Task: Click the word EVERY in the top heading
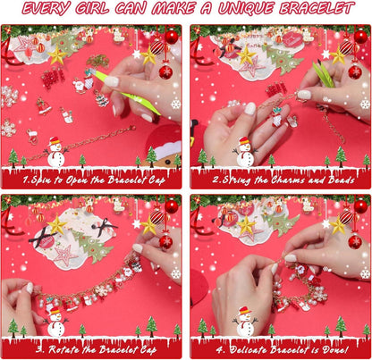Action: (x=46, y=9)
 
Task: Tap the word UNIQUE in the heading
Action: (x=246, y=9)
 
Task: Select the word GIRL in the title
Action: (x=91, y=9)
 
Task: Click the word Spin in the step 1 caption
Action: (x=41, y=180)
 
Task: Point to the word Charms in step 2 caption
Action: (x=288, y=180)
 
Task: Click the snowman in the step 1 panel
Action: (x=56, y=152)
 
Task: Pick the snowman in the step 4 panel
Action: (x=245, y=322)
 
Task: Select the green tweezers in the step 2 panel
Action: (x=323, y=74)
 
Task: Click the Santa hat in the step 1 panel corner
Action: (x=165, y=141)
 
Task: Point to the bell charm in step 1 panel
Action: (x=43, y=106)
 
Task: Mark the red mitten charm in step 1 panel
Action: (x=31, y=137)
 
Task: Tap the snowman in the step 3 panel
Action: (x=56, y=322)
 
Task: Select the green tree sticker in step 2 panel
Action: (x=283, y=60)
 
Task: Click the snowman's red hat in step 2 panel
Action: (x=244, y=141)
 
